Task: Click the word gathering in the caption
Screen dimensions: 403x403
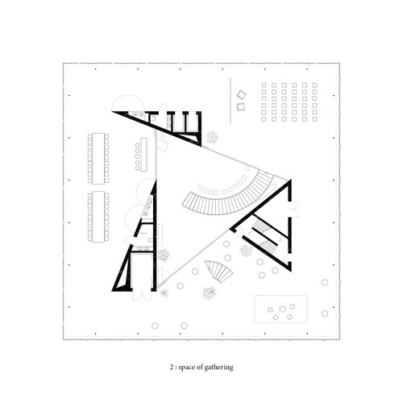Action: click(x=218, y=368)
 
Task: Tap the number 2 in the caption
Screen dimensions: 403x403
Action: click(x=172, y=368)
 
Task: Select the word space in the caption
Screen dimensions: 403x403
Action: click(x=187, y=368)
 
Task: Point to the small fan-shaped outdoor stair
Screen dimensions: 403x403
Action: click(x=219, y=271)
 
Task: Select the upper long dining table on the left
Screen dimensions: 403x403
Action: click(x=98, y=159)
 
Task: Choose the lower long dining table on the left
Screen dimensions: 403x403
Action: click(x=98, y=217)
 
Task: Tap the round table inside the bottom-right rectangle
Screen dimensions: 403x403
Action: click(x=282, y=309)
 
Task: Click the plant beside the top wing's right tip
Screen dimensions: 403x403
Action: click(x=213, y=137)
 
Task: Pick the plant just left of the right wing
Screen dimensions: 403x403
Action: click(x=246, y=251)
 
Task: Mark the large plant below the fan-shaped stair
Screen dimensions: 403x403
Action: click(x=210, y=293)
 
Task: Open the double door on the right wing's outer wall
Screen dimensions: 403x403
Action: click(x=295, y=210)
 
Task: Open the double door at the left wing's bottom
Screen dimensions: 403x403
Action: click(x=142, y=296)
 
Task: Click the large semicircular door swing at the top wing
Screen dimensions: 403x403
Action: click(x=128, y=103)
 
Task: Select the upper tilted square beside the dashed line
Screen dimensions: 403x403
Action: click(x=241, y=94)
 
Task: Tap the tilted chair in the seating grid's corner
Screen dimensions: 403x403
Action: click(x=264, y=119)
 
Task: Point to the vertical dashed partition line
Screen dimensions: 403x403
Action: click(x=231, y=102)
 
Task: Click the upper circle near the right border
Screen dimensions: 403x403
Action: click(x=325, y=282)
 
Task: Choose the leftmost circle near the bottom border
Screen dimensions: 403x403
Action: click(x=155, y=326)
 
